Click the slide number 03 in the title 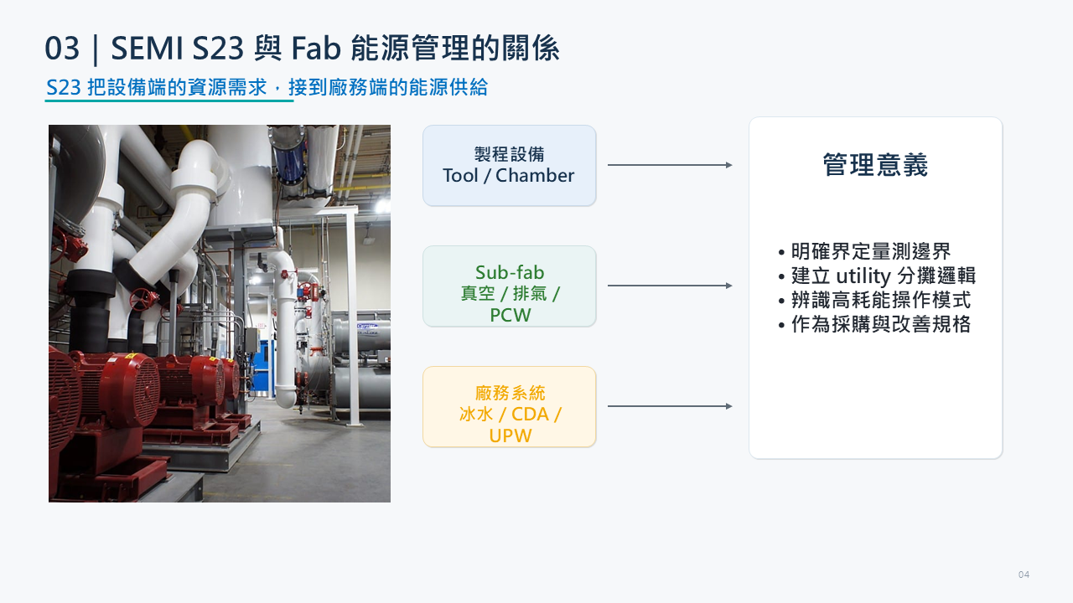(x=62, y=48)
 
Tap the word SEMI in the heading (x=147, y=48)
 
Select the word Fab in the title (x=316, y=48)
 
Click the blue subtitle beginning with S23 (x=267, y=88)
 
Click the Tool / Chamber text (x=509, y=176)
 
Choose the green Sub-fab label (x=510, y=272)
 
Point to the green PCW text (x=511, y=315)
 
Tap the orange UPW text (x=511, y=435)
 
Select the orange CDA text (x=530, y=414)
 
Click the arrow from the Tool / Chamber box (x=670, y=165)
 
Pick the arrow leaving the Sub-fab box (x=670, y=286)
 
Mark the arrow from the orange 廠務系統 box (x=670, y=406)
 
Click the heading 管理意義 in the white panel (x=876, y=165)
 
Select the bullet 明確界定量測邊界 (x=864, y=251)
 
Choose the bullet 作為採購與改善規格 (x=874, y=324)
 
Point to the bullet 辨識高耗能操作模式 (x=874, y=300)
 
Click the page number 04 (x=1024, y=575)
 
